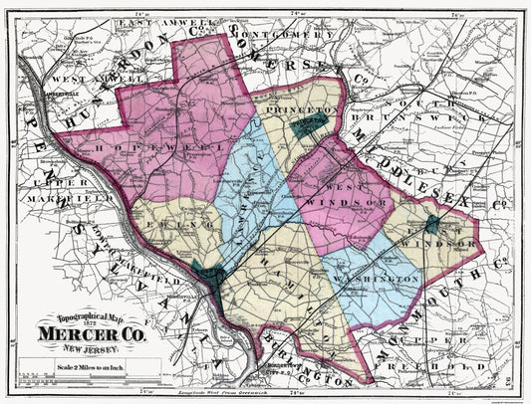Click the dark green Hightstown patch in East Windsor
click(434, 223)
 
